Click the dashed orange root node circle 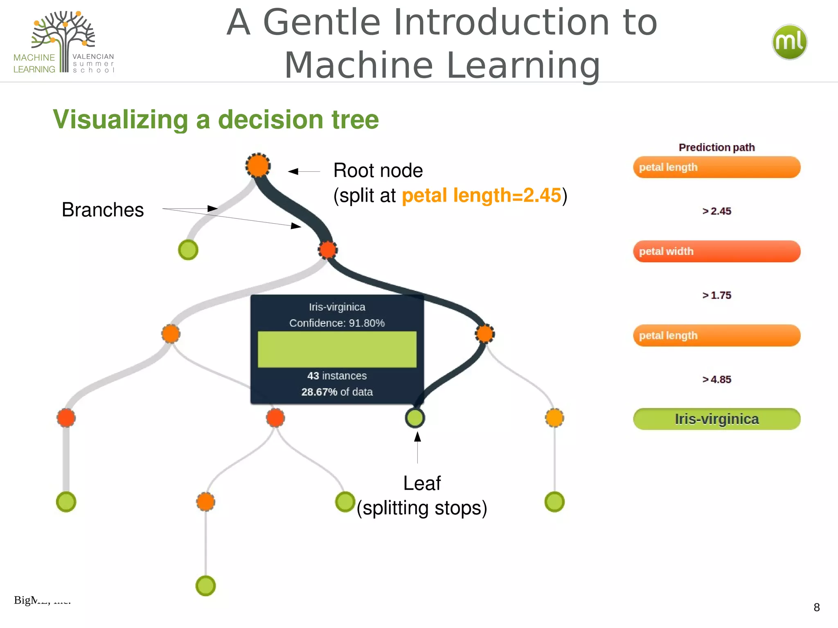tap(258, 166)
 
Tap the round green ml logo tap(789, 42)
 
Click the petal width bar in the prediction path tap(716, 251)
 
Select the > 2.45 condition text tap(716, 211)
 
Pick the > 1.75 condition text tap(716, 295)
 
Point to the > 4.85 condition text tap(716, 379)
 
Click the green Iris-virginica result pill tap(716, 419)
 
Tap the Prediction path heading tap(716, 147)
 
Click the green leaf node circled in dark tap(415, 418)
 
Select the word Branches tap(103, 210)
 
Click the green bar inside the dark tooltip tap(337, 349)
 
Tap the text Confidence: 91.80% tap(337, 323)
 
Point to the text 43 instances tap(337, 376)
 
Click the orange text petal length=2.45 tap(481, 195)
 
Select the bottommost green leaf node tap(205, 586)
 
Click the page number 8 tap(816, 608)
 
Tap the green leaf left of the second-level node tap(188, 250)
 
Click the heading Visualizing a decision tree tap(216, 119)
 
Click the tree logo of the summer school tap(64, 41)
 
